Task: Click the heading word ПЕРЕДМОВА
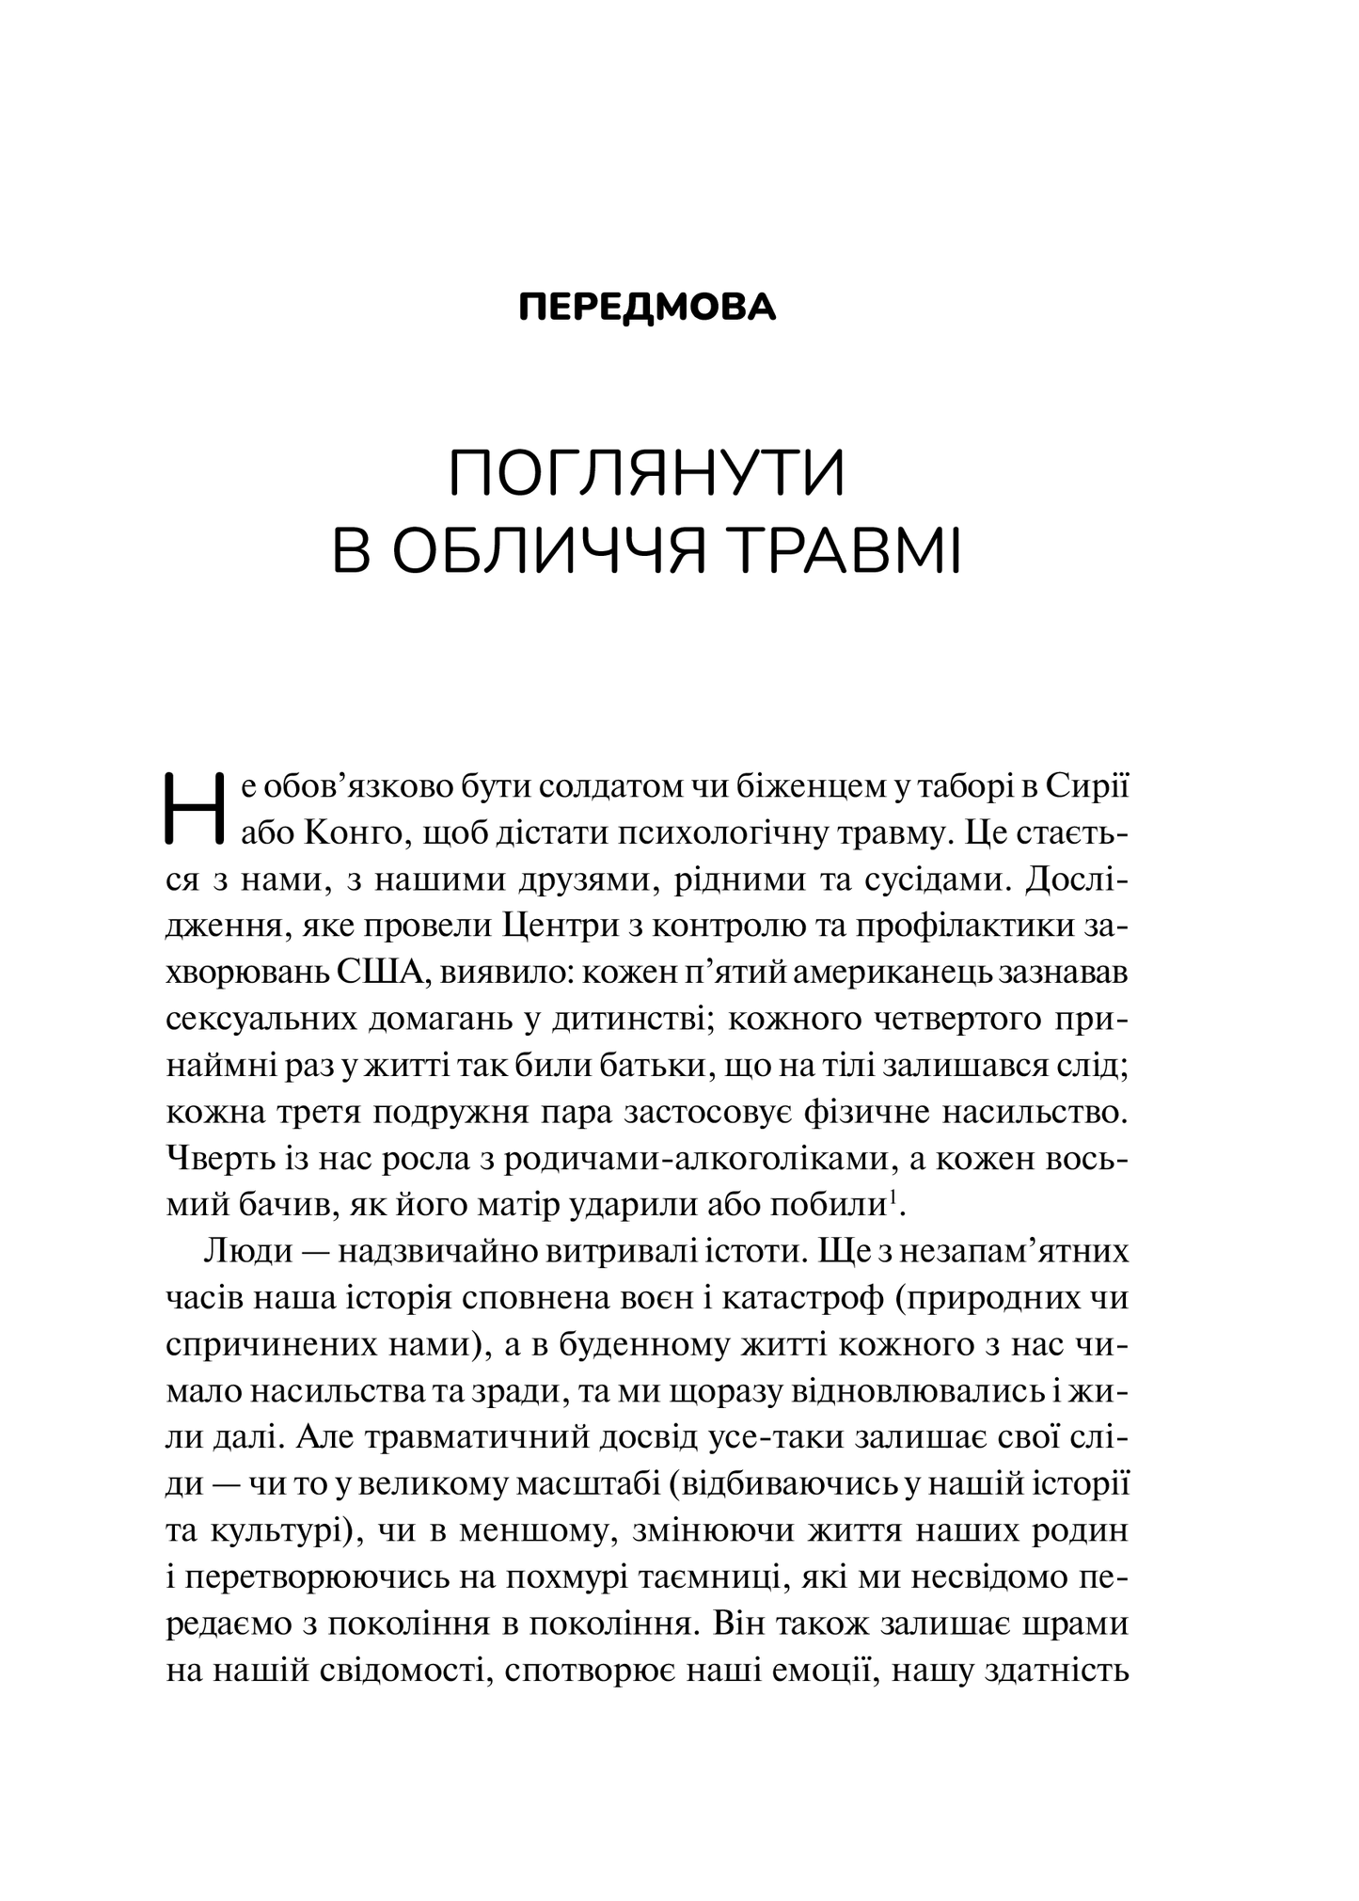click(x=648, y=308)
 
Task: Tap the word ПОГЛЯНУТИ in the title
click(x=647, y=476)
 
